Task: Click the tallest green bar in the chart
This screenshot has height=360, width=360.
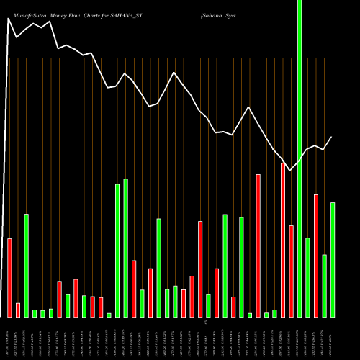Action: click(300, 158)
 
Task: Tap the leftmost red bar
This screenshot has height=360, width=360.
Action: click(9, 277)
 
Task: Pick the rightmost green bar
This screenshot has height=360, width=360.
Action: click(333, 259)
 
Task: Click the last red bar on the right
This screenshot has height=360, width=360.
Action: click(316, 256)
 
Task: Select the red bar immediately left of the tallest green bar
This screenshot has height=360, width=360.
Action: click(292, 271)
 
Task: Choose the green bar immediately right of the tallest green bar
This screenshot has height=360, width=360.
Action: click(308, 277)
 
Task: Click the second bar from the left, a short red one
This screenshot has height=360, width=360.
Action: click(18, 310)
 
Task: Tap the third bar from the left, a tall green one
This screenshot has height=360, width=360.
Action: click(27, 265)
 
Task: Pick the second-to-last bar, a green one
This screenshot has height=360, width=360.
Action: click(325, 285)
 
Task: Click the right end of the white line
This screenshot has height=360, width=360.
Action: click(332, 137)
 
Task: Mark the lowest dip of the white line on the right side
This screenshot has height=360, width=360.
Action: click(290, 171)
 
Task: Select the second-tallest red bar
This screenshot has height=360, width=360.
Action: click(258, 246)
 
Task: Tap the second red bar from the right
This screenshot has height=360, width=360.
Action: click(292, 271)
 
